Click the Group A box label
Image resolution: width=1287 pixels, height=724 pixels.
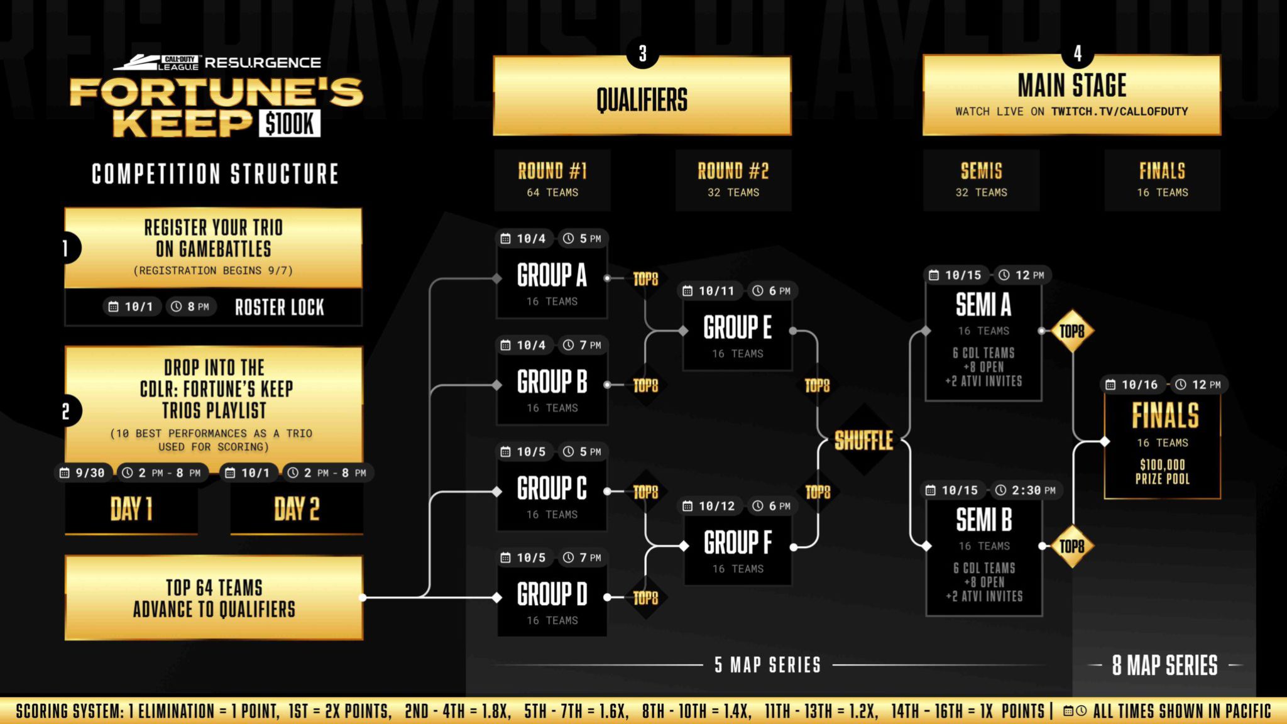[x=552, y=275]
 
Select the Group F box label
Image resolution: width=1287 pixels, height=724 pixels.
[x=738, y=542]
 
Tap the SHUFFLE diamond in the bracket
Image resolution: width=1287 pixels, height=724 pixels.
[x=864, y=441]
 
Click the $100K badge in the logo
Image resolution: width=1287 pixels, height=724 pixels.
[x=289, y=123]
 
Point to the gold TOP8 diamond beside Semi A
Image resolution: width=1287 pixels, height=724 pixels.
[x=1072, y=331]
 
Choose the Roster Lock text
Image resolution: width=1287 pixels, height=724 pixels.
[x=280, y=307]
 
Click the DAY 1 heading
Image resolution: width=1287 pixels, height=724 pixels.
[x=131, y=509]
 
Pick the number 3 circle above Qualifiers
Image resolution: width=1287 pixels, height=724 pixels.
[x=642, y=53]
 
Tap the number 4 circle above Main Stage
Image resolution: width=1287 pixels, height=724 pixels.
[x=1078, y=53]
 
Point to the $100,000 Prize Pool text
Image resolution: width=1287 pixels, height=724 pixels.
[x=1163, y=472]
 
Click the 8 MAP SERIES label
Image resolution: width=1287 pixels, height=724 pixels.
[x=1164, y=666]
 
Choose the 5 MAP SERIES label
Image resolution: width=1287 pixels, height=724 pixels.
[x=767, y=665]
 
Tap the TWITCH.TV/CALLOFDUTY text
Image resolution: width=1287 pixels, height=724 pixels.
[x=1120, y=111]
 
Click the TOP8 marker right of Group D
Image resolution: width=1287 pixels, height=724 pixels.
[x=645, y=598]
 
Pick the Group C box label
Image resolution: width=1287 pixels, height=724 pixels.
[x=552, y=488]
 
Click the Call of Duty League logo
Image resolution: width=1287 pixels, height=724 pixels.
[x=156, y=62]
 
